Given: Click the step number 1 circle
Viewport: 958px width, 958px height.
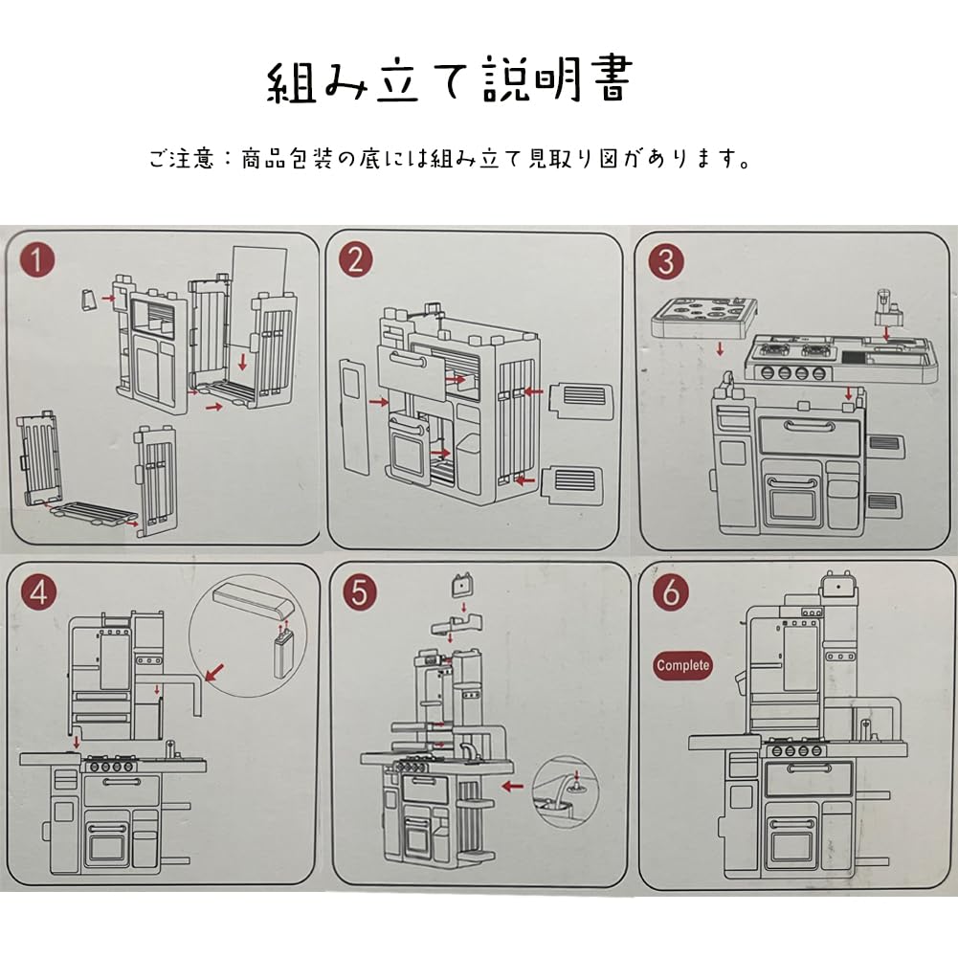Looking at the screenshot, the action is click(x=37, y=261).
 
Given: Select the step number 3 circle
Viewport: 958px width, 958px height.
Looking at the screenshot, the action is click(x=666, y=262).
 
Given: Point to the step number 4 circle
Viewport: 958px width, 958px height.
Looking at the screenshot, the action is click(x=38, y=592).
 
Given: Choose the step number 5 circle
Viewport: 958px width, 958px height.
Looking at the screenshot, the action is click(x=359, y=592).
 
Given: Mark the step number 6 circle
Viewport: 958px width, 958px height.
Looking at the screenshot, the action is click(x=671, y=591).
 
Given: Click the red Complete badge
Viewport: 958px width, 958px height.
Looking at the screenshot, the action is click(x=683, y=665).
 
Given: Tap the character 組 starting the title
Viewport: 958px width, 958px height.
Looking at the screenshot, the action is click(x=291, y=81).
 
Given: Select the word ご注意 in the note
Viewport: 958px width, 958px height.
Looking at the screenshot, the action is click(x=183, y=159).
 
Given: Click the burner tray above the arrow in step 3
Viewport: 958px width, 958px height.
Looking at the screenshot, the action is click(x=703, y=317).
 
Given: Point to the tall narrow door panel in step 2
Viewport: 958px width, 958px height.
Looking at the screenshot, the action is click(x=354, y=416).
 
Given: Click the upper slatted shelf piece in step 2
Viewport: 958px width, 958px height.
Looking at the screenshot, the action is click(x=582, y=401).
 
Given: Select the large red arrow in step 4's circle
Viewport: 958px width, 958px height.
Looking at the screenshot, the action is click(x=215, y=673).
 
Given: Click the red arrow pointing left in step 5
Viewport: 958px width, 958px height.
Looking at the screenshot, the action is click(x=512, y=786).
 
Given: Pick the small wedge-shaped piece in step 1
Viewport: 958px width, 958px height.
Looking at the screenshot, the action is click(x=90, y=300).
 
